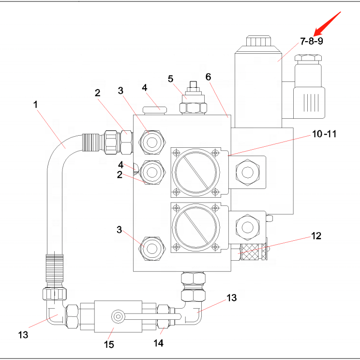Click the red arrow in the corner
click(328, 24)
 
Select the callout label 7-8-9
click(312, 41)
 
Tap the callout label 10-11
click(324, 133)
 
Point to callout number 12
click(316, 236)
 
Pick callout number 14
click(159, 343)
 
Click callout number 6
click(208, 77)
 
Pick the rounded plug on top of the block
click(154, 109)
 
